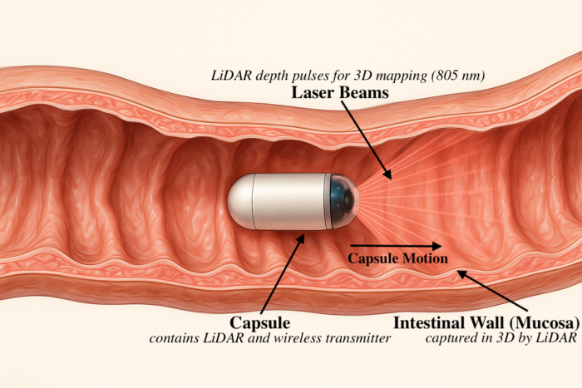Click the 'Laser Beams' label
[340, 92]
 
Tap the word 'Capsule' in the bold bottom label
[259, 322]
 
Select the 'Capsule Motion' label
[398, 258]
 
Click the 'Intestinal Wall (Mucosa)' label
[486, 322]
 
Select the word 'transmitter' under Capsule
[368, 338]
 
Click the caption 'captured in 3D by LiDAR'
[501, 338]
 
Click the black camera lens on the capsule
[348, 201]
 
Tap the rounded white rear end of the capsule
[239, 202]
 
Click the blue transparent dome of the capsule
[344, 201]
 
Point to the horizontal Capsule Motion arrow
[396, 246]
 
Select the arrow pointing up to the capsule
[283, 273]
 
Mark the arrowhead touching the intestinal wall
[461, 273]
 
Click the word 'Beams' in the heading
[364, 92]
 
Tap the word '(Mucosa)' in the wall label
[544, 323]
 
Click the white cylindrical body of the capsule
[289, 201]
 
